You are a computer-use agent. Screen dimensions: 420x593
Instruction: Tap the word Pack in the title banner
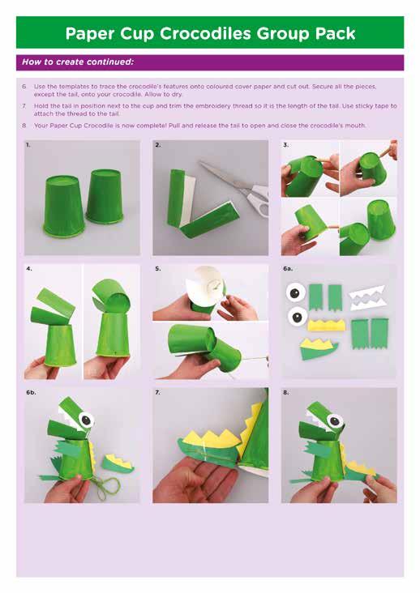(x=335, y=33)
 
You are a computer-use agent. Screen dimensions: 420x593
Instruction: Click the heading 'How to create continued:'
(x=78, y=62)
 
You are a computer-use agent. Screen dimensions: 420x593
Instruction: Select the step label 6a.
(x=288, y=268)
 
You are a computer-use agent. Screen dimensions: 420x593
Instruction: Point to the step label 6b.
(x=31, y=393)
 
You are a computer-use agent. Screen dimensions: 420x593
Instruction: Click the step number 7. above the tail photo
(x=157, y=393)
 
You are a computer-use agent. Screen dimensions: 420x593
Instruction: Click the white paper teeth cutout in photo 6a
(x=366, y=297)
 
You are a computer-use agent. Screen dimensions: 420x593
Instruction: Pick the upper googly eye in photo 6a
(x=296, y=292)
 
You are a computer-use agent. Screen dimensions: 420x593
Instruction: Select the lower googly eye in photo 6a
(x=298, y=317)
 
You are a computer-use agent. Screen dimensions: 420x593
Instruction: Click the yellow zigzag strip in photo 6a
(x=327, y=325)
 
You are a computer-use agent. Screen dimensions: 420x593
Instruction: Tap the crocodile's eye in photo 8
(x=335, y=421)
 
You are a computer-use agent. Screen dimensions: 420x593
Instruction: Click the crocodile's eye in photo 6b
(x=87, y=420)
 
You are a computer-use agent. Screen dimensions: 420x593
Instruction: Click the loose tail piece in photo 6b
(x=119, y=464)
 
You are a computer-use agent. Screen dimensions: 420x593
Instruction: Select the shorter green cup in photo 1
(x=105, y=196)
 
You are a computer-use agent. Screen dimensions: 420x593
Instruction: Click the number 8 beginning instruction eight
(x=24, y=126)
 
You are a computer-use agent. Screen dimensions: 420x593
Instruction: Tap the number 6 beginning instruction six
(x=24, y=87)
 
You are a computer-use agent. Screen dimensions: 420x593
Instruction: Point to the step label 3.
(x=286, y=144)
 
